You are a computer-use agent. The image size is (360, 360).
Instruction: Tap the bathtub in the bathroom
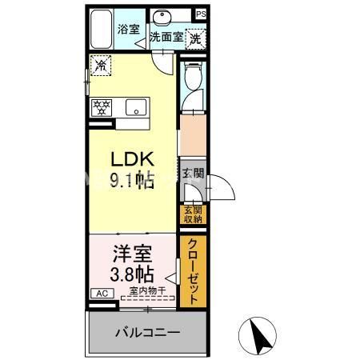(x=100, y=31)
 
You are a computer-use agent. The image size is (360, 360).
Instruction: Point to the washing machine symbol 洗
(x=194, y=37)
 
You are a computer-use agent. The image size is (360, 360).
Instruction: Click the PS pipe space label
(x=200, y=14)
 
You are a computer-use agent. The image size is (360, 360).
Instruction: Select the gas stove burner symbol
(x=102, y=106)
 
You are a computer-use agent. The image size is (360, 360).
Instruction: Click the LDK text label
(x=131, y=160)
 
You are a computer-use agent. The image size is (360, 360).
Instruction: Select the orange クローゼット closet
(x=192, y=273)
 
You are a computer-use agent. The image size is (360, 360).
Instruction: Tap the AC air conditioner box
(x=102, y=294)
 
